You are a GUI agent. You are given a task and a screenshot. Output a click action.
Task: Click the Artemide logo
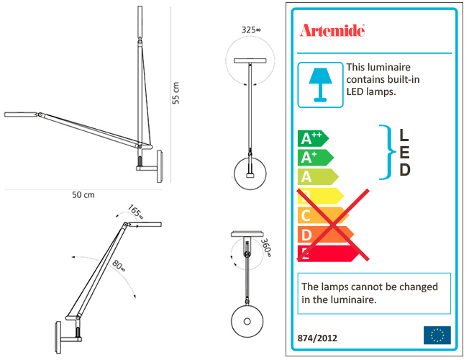click(332, 30)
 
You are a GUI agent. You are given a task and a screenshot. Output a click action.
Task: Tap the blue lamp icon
click(320, 85)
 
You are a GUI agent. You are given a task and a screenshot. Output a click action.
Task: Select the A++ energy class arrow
click(313, 138)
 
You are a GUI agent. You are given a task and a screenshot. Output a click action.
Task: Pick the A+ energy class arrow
click(316, 158)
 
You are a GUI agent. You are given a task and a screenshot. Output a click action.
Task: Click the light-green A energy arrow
click(318, 176)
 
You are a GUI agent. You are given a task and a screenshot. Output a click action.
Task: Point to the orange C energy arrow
click(323, 215)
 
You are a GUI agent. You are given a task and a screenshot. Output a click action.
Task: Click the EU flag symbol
click(437, 335)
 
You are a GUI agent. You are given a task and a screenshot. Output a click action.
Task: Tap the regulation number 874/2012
click(317, 338)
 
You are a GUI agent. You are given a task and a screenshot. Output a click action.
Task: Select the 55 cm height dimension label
click(176, 93)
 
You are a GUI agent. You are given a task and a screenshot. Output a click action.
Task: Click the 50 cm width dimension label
click(83, 195)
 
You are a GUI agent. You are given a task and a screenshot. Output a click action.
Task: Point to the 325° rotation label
click(251, 30)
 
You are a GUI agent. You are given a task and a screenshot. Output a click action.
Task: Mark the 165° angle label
click(136, 212)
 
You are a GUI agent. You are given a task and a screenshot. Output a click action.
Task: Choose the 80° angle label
click(119, 266)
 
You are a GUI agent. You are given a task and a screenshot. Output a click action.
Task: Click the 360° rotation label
click(266, 248)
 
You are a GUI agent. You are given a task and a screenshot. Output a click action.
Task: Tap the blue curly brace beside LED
click(388, 152)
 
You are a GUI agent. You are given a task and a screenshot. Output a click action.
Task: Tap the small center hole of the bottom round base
click(247, 321)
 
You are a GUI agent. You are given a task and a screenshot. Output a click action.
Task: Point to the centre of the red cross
click(333, 225)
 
